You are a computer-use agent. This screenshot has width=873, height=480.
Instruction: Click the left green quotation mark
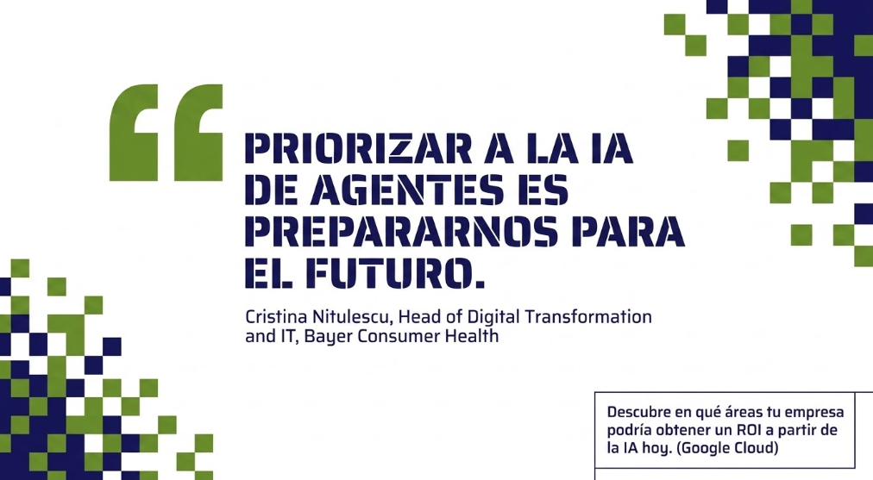coord(134,133)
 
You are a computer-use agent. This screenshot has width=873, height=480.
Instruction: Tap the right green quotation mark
coord(198,133)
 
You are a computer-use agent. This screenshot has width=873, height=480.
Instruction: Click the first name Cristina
coord(276,317)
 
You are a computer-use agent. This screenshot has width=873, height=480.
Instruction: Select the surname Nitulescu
coord(353,317)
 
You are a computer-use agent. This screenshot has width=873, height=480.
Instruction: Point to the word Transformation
coord(588,317)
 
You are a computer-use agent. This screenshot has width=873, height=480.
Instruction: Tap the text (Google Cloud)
coord(727,448)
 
